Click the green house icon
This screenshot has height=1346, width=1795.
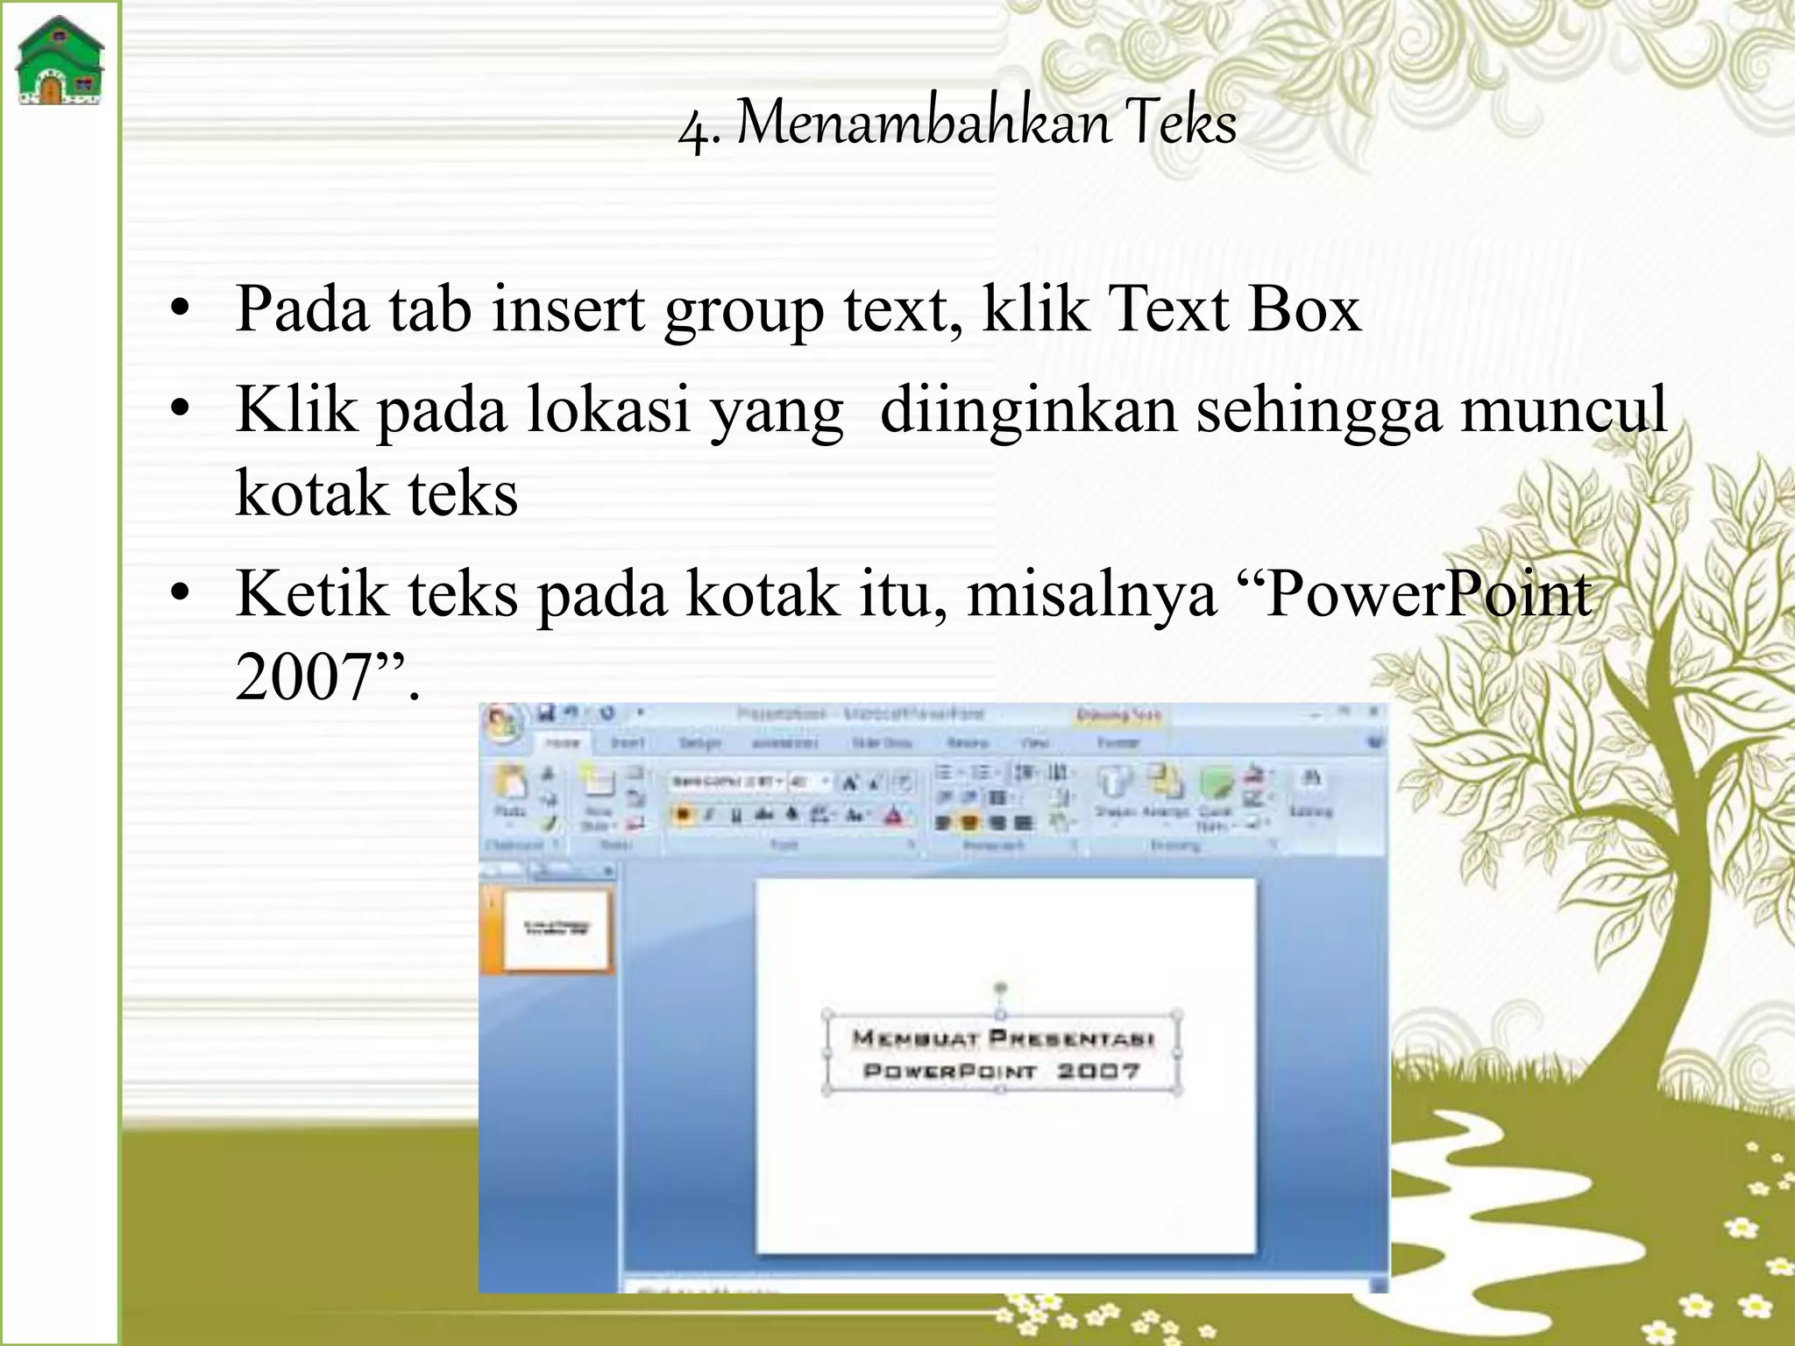click(60, 60)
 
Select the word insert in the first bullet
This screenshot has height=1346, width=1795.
click(568, 310)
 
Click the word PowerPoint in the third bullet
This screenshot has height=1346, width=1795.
click(1430, 595)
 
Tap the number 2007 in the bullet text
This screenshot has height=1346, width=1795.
click(303, 678)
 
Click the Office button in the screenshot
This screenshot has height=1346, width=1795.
click(503, 724)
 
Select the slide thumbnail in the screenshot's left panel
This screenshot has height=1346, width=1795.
click(557, 929)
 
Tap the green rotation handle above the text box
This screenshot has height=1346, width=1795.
click(1001, 988)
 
